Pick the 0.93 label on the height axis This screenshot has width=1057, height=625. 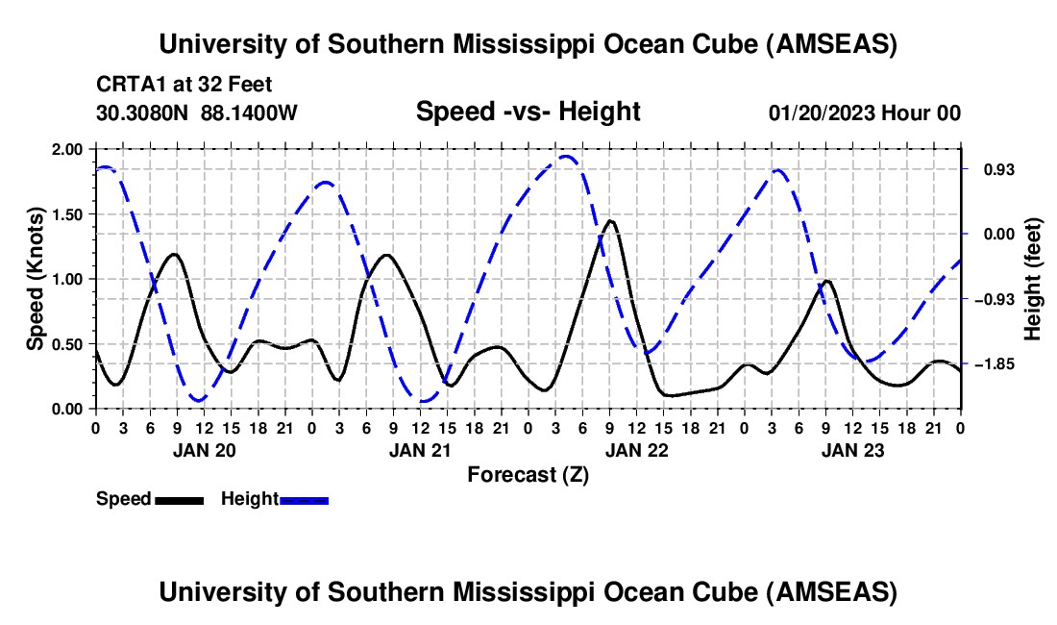pos(996,169)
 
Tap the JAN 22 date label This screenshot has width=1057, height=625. pos(635,450)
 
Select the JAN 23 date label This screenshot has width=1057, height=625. pos(851,450)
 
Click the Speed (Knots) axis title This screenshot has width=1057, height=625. pos(36,279)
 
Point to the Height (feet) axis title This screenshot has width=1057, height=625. pos(1034,279)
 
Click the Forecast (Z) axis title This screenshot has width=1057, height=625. pos(528,474)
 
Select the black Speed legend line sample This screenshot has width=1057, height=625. pos(179,499)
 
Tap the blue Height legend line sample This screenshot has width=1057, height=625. pos(304,499)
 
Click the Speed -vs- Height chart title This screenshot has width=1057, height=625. pos(528,112)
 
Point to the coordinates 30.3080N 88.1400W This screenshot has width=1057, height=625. pos(197,112)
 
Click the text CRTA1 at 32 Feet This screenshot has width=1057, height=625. pos(184,84)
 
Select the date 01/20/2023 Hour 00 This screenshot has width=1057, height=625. pos(865,112)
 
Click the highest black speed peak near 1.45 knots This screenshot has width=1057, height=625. pos(609,221)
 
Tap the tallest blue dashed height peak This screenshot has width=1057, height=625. pos(567,156)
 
